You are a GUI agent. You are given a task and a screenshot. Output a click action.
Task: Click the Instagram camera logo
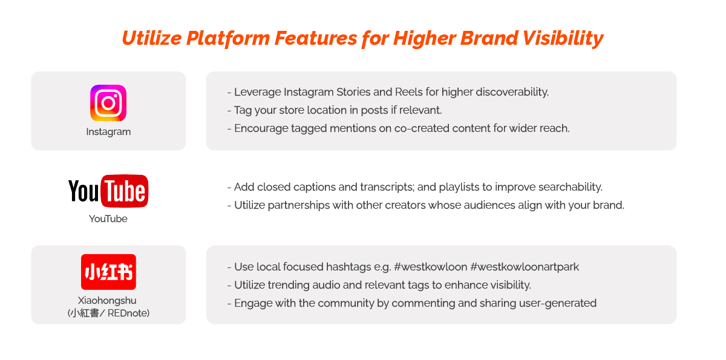click(x=108, y=103)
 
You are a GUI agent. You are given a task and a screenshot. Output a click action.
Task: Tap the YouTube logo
click(x=108, y=191)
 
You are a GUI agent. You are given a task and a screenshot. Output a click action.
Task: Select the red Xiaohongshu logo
click(x=108, y=272)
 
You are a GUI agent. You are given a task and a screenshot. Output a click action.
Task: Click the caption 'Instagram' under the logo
click(x=108, y=132)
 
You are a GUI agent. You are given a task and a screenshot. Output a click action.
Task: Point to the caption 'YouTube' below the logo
click(x=108, y=218)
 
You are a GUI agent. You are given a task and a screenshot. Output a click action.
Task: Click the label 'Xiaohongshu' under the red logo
click(x=107, y=301)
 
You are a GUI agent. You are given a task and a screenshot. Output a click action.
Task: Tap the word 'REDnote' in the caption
click(x=128, y=313)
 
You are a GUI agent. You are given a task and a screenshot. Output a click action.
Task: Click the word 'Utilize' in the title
click(x=152, y=38)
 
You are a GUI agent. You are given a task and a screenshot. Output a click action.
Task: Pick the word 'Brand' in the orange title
click(x=489, y=38)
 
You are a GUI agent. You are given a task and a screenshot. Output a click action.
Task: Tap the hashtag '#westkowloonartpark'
click(x=525, y=267)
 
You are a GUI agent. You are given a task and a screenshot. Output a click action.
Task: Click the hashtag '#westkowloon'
click(x=430, y=267)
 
